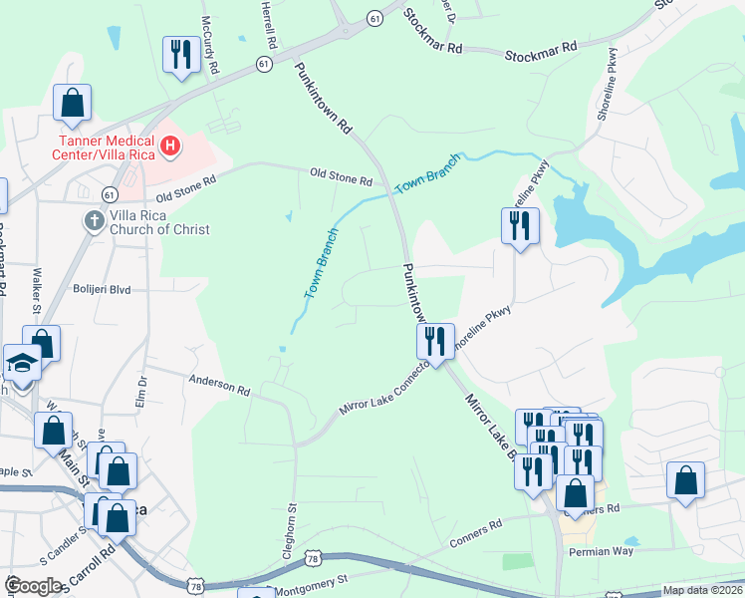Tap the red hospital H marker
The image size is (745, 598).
(x=170, y=148)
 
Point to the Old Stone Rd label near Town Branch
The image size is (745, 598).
(x=341, y=176)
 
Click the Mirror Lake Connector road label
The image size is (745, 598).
(x=382, y=390)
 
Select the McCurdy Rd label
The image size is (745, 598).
(x=209, y=45)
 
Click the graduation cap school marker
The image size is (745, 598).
(x=21, y=363)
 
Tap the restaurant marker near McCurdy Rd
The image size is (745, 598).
(x=180, y=55)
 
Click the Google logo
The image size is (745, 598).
(x=33, y=586)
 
